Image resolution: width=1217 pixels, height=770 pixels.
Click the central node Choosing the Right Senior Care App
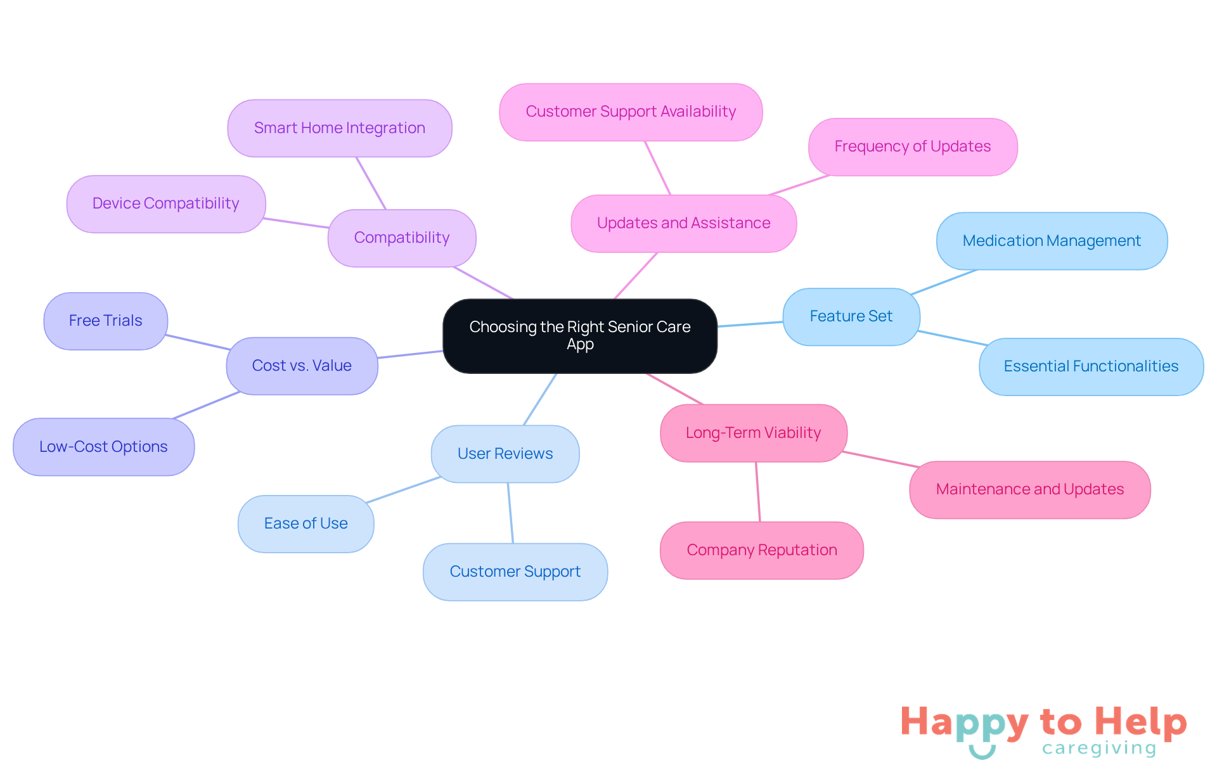(580, 336)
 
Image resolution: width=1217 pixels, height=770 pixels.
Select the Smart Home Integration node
(340, 128)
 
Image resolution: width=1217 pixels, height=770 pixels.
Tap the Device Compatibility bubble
(166, 203)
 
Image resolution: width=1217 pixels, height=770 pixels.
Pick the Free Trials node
(106, 321)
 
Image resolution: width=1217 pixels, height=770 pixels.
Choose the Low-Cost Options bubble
(103, 447)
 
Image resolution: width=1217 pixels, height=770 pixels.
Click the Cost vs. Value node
(302, 366)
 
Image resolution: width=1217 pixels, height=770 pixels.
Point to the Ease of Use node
(306, 523)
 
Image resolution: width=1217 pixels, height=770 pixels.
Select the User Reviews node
(505, 454)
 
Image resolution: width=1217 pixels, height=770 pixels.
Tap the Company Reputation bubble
(762, 550)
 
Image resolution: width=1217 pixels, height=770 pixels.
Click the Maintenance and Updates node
(1030, 489)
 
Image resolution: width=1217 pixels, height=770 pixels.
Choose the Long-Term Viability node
(754, 433)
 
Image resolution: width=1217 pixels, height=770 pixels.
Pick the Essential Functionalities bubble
(1091, 366)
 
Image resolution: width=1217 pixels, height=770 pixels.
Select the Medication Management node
(1052, 241)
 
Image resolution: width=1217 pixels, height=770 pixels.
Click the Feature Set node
(851, 316)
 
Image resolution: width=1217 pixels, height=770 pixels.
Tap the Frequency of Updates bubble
(913, 146)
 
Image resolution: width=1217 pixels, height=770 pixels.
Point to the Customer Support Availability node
(631, 112)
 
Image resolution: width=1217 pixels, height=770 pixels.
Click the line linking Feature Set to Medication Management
(944, 282)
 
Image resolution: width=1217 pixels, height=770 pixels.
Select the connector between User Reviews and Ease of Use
(403, 490)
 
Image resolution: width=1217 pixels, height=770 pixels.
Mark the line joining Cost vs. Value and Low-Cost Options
(207, 406)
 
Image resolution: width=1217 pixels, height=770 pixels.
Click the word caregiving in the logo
(1099, 748)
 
